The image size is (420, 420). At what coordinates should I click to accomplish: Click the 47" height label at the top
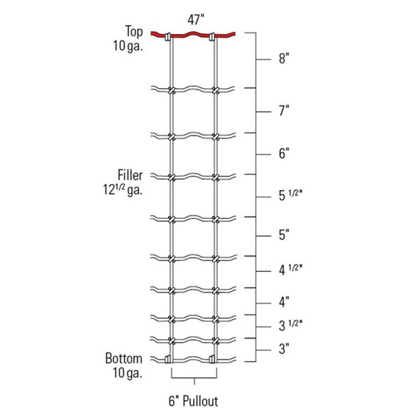point(194,21)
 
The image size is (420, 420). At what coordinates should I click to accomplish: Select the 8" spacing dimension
point(283,60)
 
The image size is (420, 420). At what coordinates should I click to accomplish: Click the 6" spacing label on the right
point(283,154)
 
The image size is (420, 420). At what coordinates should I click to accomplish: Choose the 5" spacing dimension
point(283,235)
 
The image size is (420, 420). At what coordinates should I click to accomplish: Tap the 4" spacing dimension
point(283,301)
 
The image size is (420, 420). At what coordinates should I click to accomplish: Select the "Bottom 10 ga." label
point(123,365)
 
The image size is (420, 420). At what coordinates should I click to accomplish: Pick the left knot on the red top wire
point(170,36)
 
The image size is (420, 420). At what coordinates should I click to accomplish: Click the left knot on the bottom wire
point(170,360)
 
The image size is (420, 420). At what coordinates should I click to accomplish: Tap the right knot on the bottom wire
point(215,360)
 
